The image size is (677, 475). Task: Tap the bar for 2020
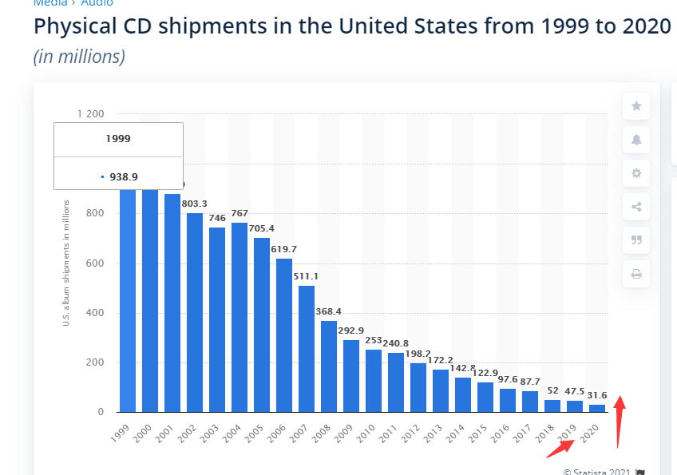pos(597,408)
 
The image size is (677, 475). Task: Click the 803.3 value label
pos(195,204)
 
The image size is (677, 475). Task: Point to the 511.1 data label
pos(307,276)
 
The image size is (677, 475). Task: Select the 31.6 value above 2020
pos(597,395)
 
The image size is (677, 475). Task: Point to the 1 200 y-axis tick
pos(90,114)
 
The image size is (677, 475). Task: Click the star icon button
pos(636,106)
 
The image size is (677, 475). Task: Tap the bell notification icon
pos(636,140)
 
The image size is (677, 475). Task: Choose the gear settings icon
pos(636,173)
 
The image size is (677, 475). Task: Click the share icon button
pos(636,207)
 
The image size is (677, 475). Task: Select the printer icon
pos(636,274)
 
